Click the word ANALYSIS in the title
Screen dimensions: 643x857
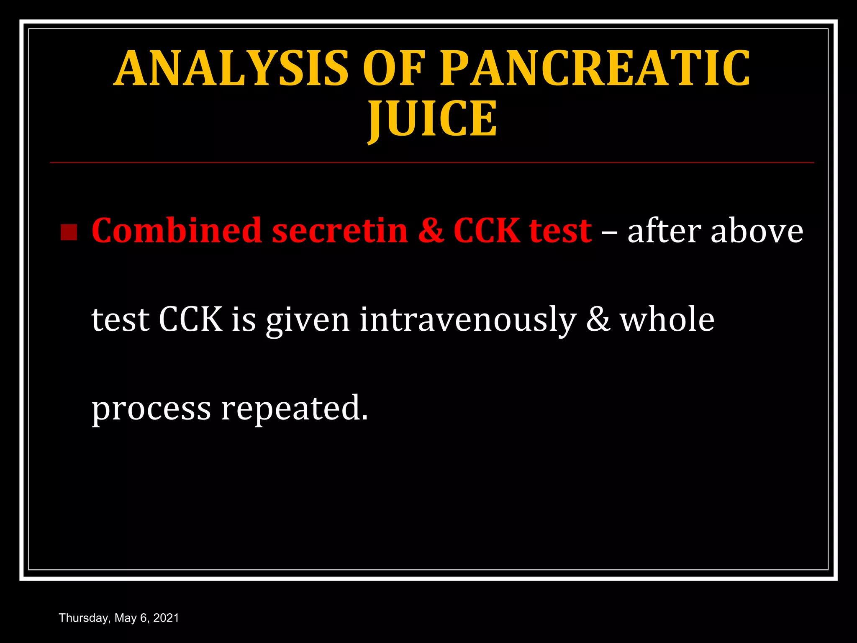(x=231, y=68)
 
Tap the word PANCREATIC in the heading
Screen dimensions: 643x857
(x=595, y=68)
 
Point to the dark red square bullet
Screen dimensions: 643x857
(x=69, y=232)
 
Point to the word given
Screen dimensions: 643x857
(x=308, y=320)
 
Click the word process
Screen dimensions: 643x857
(x=151, y=409)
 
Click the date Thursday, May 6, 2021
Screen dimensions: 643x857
(x=119, y=618)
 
